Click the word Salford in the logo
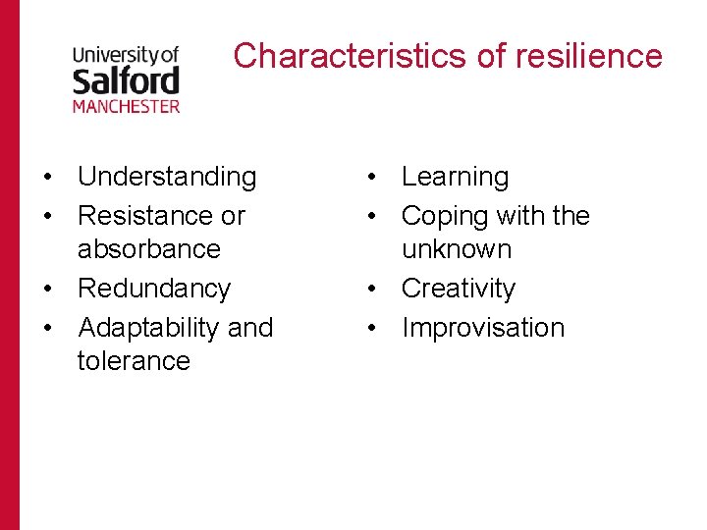click(126, 80)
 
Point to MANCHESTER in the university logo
click(126, 105)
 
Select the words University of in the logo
click(126, 56)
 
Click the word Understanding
click(167, 177)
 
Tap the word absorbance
click(149, 249)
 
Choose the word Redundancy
click(154, 289)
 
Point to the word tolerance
click(134, 361)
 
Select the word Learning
click(456, 177)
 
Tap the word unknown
click(457, 249)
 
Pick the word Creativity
click(459, 289)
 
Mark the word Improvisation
click(483, 327)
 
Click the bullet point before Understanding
click(47, 178)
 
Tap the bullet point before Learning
click(371, 178)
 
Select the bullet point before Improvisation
click(371, 328)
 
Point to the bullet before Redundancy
click(47, 290)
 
